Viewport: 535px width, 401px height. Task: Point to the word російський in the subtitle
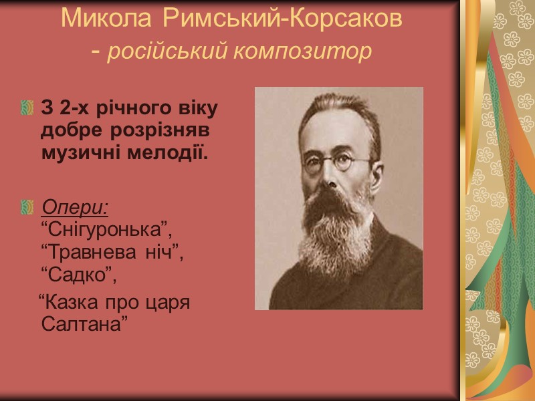(167, 51)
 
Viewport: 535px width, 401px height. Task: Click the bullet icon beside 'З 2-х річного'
(27, 108)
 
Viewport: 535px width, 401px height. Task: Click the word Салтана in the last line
(84, 324)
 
